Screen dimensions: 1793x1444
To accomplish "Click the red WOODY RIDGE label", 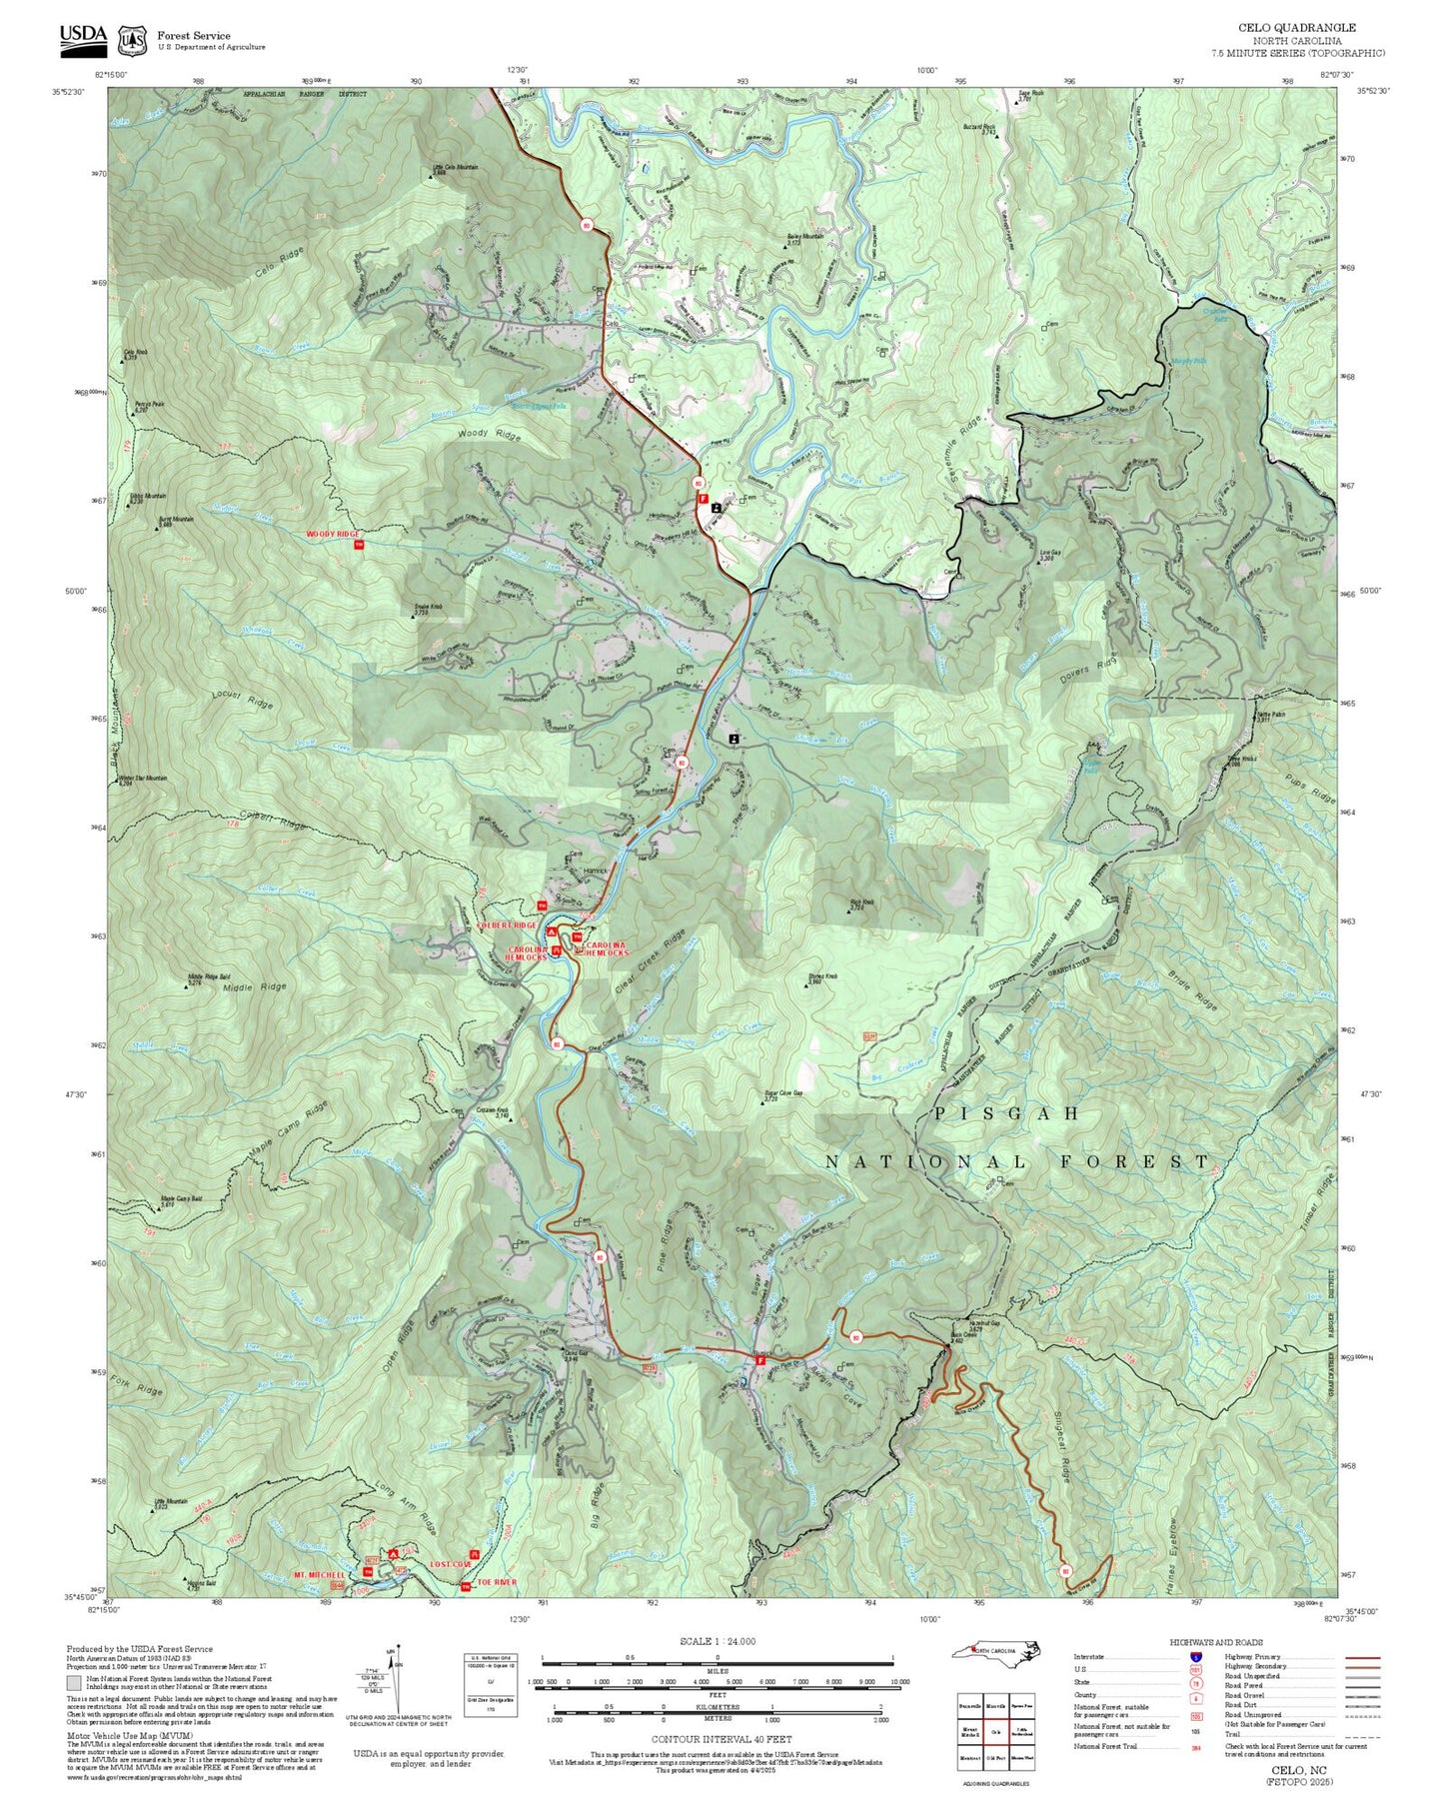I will click(x=334, y=535).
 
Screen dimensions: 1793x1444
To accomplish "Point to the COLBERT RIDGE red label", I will click(x=508, y=925).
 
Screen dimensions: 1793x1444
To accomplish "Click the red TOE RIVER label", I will click(x=497, y=1583).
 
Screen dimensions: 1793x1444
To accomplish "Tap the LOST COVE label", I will click(x=451, y=1564).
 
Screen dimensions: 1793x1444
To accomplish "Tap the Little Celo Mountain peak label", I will click(x=455, y=169).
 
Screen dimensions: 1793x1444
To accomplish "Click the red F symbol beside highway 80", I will click(x=703, y=499).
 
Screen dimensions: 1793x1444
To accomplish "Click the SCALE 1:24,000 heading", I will click(x=718, y=1641).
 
